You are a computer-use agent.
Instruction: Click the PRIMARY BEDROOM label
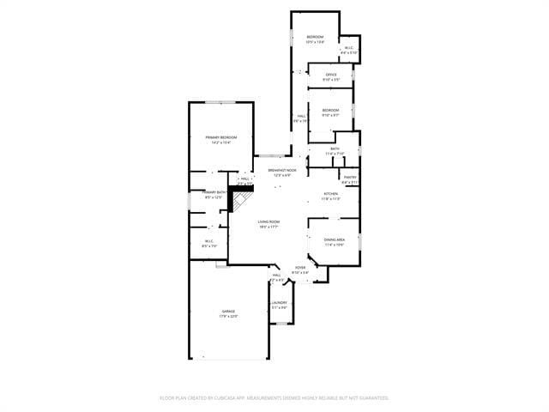coord(220,137)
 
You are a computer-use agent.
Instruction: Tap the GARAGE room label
coord(229,312)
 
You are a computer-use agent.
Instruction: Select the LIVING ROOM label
coord(268,222)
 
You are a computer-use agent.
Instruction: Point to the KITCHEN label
coord(330,194)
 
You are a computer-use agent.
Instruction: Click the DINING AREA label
coord(335,239)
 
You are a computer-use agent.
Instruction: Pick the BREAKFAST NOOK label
coord(282,171)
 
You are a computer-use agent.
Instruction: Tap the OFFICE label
coord(331,75)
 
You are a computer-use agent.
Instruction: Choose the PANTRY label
coord(350,178)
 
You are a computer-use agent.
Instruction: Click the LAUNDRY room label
coord(280,303)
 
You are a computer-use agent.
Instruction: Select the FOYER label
coord(300,268)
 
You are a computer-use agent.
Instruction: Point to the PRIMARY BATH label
coord(214,192)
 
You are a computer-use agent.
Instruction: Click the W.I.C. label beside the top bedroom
coord(349,48)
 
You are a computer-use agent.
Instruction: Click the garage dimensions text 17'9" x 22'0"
coord(229,317)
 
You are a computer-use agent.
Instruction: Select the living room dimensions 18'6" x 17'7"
coord(268,227)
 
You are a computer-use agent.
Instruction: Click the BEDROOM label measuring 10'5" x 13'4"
coord(316,37)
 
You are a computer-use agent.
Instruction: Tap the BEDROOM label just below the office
coord(330,110)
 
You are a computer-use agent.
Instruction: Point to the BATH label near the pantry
coord(335,149)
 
